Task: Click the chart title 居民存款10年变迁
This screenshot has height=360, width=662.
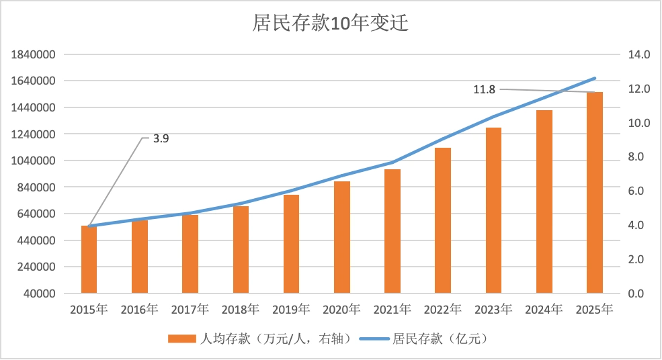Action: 330,24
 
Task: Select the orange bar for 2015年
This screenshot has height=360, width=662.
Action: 89,259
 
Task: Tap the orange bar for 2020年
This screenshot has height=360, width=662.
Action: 342,237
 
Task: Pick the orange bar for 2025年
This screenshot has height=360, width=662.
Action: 595,193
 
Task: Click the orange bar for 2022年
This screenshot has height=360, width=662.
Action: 443,220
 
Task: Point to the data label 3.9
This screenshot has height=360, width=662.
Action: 161,139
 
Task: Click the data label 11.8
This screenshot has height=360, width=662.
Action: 484,89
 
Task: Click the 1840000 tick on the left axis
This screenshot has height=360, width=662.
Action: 33,54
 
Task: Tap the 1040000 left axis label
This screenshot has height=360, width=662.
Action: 33,161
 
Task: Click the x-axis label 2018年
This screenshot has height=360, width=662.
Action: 241,310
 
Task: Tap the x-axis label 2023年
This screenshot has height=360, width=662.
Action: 493,310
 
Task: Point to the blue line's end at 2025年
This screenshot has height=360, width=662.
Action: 595,78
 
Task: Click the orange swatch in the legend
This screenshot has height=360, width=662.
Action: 181,339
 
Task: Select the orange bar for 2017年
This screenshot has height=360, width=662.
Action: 190,254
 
